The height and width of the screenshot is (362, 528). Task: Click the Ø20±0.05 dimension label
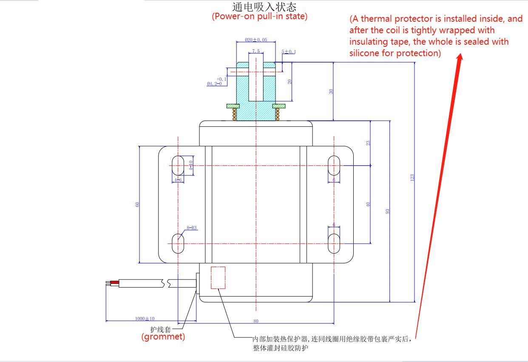pos(256,40)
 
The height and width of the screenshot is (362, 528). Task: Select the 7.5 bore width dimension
pos(256,51)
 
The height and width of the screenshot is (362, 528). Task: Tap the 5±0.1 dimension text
pos(289,51)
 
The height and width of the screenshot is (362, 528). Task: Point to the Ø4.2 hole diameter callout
pos(214,84)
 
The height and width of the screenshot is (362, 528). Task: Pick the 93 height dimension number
pos(387,211)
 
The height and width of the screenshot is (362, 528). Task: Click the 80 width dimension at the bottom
pos(256,321)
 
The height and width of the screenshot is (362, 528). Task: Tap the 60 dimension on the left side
pos(137,204)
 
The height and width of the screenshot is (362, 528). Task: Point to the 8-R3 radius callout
pos(192,228)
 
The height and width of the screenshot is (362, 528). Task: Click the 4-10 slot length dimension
pos(191,165)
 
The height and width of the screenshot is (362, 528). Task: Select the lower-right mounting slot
pos(334,243)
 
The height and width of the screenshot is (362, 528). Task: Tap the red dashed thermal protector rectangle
pos(218,277)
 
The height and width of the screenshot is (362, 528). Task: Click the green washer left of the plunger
pos(232,105)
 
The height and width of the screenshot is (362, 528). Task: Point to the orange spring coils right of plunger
pos(278,114)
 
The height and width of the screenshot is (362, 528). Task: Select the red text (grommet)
pos(163,337)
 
